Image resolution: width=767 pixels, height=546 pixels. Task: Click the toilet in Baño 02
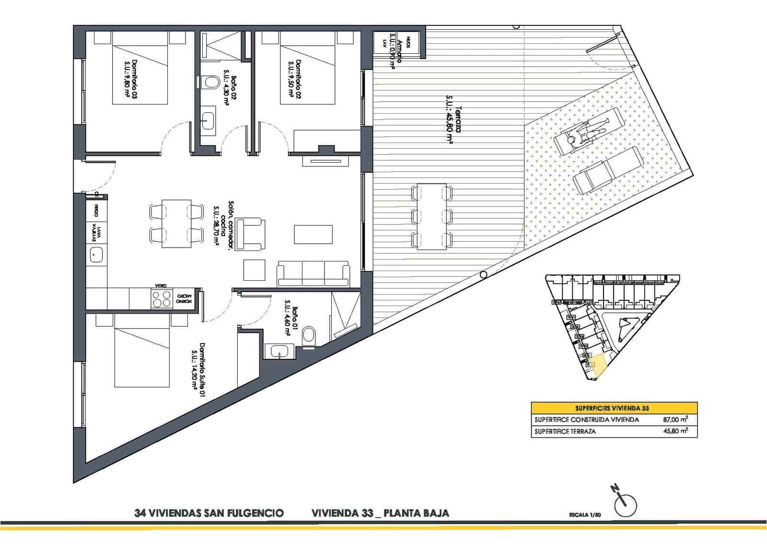[x=208, y=83]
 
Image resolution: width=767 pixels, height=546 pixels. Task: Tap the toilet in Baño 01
[x=309, y=335]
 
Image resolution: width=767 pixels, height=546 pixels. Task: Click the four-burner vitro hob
[x=162, y=298]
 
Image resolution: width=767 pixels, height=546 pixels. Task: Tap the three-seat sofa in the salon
[x=313, y=274]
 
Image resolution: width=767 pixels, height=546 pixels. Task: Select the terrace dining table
[x=432, y=216]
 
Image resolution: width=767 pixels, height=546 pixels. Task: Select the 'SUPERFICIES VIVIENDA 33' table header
[x=614, y=408]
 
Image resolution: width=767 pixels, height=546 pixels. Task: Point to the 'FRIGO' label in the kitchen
[x=96, y=210]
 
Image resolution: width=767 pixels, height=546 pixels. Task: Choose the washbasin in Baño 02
[x=209, y=118]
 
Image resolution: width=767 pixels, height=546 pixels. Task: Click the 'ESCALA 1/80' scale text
[x=584, y=514]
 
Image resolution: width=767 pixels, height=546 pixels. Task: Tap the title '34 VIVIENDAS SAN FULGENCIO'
[x=209, y=513]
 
